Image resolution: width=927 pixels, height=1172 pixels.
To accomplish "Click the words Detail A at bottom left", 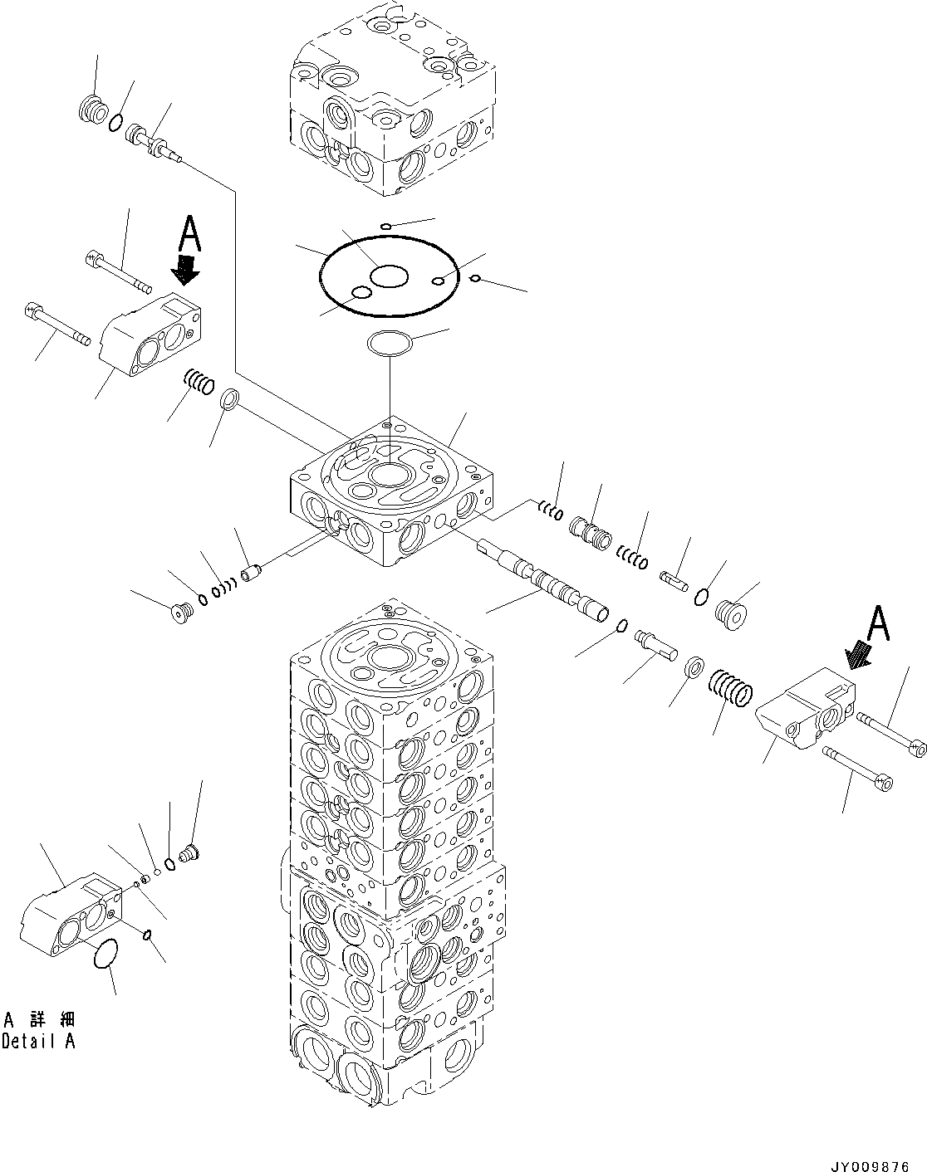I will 38,1041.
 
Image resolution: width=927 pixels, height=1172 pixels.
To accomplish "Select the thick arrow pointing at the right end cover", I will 859,655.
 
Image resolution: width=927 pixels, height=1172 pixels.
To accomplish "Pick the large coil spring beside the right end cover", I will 731,687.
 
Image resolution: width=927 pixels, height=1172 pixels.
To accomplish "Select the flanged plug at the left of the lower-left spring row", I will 179,614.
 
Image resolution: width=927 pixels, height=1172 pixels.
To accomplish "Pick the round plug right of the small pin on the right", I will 730,614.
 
